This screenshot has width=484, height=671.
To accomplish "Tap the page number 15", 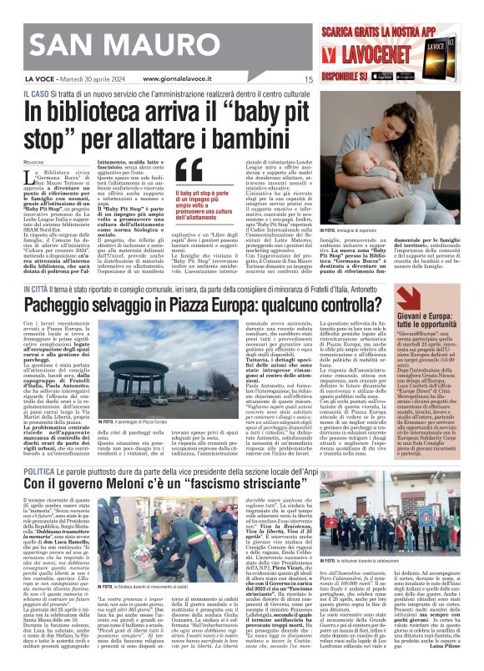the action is pyautogui.click(x=309, y=79).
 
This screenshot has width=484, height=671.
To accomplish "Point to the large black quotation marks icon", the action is pyautogui.click(x=190, y=170).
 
